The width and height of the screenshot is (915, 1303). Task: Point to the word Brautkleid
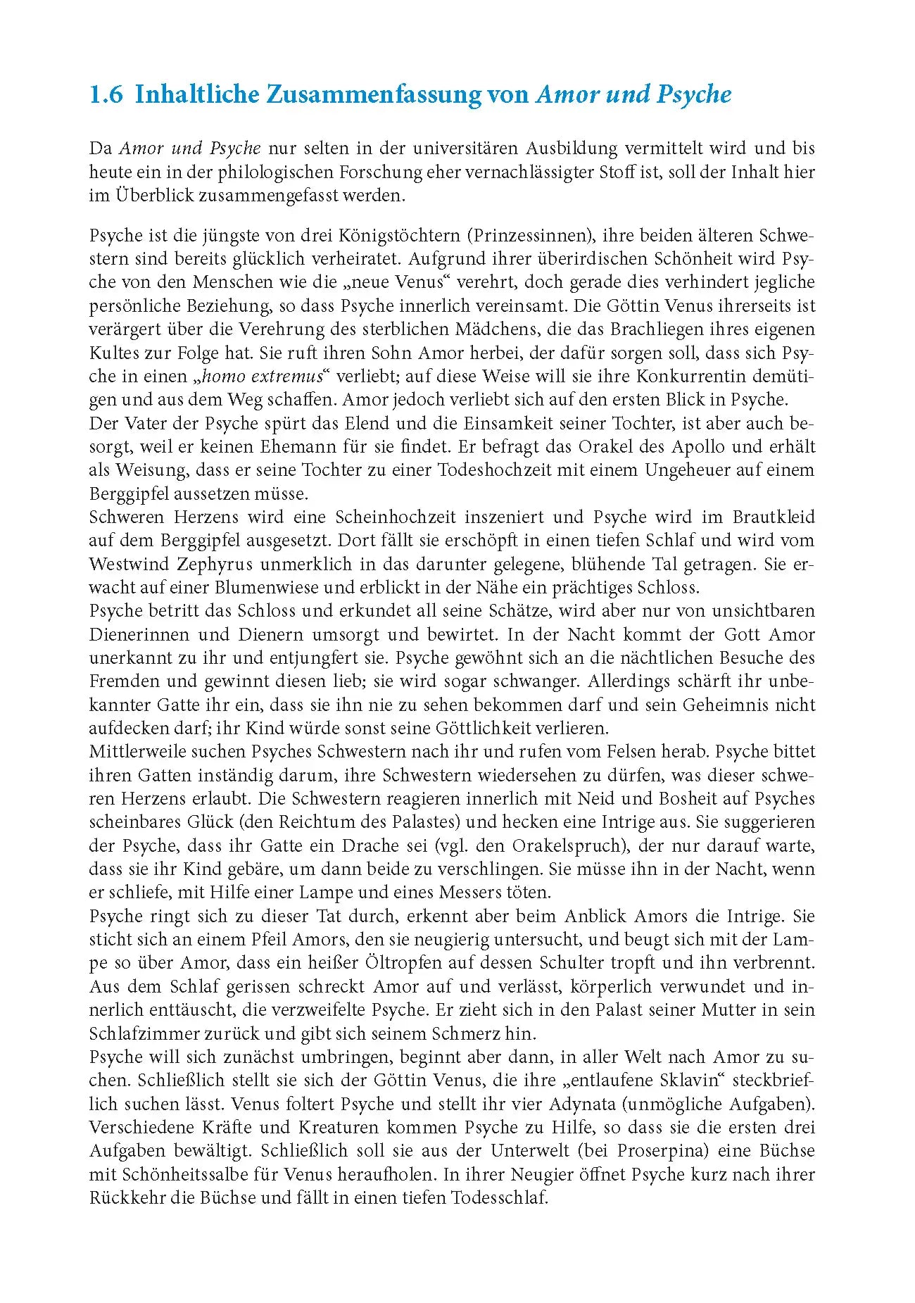(x=774, y=517)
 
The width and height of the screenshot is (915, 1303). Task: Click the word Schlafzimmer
(x=142, y=1033)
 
